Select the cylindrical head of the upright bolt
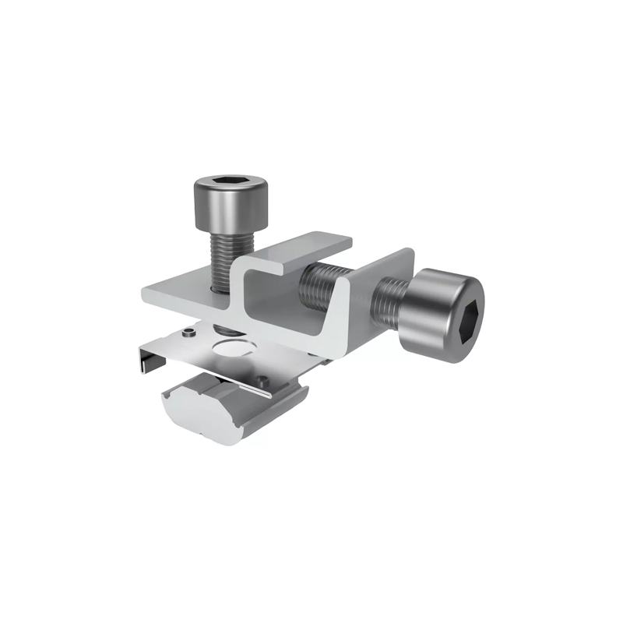click(x=231, y=204)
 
